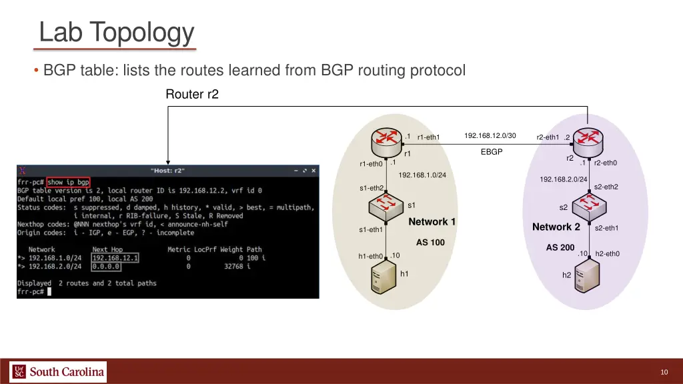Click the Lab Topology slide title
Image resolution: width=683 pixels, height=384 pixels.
(116, 32)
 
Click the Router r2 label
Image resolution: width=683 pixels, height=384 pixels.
(191, 95)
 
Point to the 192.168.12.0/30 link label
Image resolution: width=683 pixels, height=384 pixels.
(490, 136)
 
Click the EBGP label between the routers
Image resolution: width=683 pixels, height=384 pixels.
(491, 152)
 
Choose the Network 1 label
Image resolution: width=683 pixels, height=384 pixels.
(432, 222)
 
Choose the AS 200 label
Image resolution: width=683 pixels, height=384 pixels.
(560, 248)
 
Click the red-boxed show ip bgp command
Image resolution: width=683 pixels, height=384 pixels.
(68, 182)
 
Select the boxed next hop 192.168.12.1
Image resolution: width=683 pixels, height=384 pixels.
(115, 258)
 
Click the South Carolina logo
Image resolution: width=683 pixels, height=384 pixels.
(58, 371)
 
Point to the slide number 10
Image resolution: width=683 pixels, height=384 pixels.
(664, 372)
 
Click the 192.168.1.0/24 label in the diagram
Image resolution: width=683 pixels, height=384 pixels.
(422, 175)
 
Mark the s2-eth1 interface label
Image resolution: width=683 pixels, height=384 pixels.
(606, 229)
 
